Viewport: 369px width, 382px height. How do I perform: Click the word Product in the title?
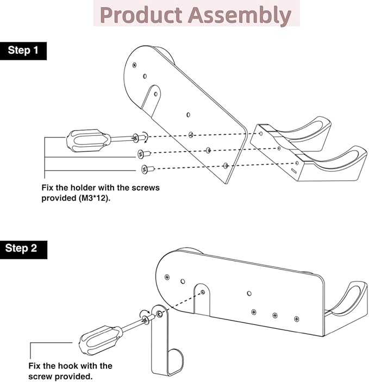[x=140, y=15]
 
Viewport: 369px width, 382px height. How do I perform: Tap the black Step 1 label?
[x=23, y=51]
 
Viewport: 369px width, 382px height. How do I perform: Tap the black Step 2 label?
[x=22, y=248]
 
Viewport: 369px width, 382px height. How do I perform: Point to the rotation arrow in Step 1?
[x=143, y=136]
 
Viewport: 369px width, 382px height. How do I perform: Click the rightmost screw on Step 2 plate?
[x=296, y=318]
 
